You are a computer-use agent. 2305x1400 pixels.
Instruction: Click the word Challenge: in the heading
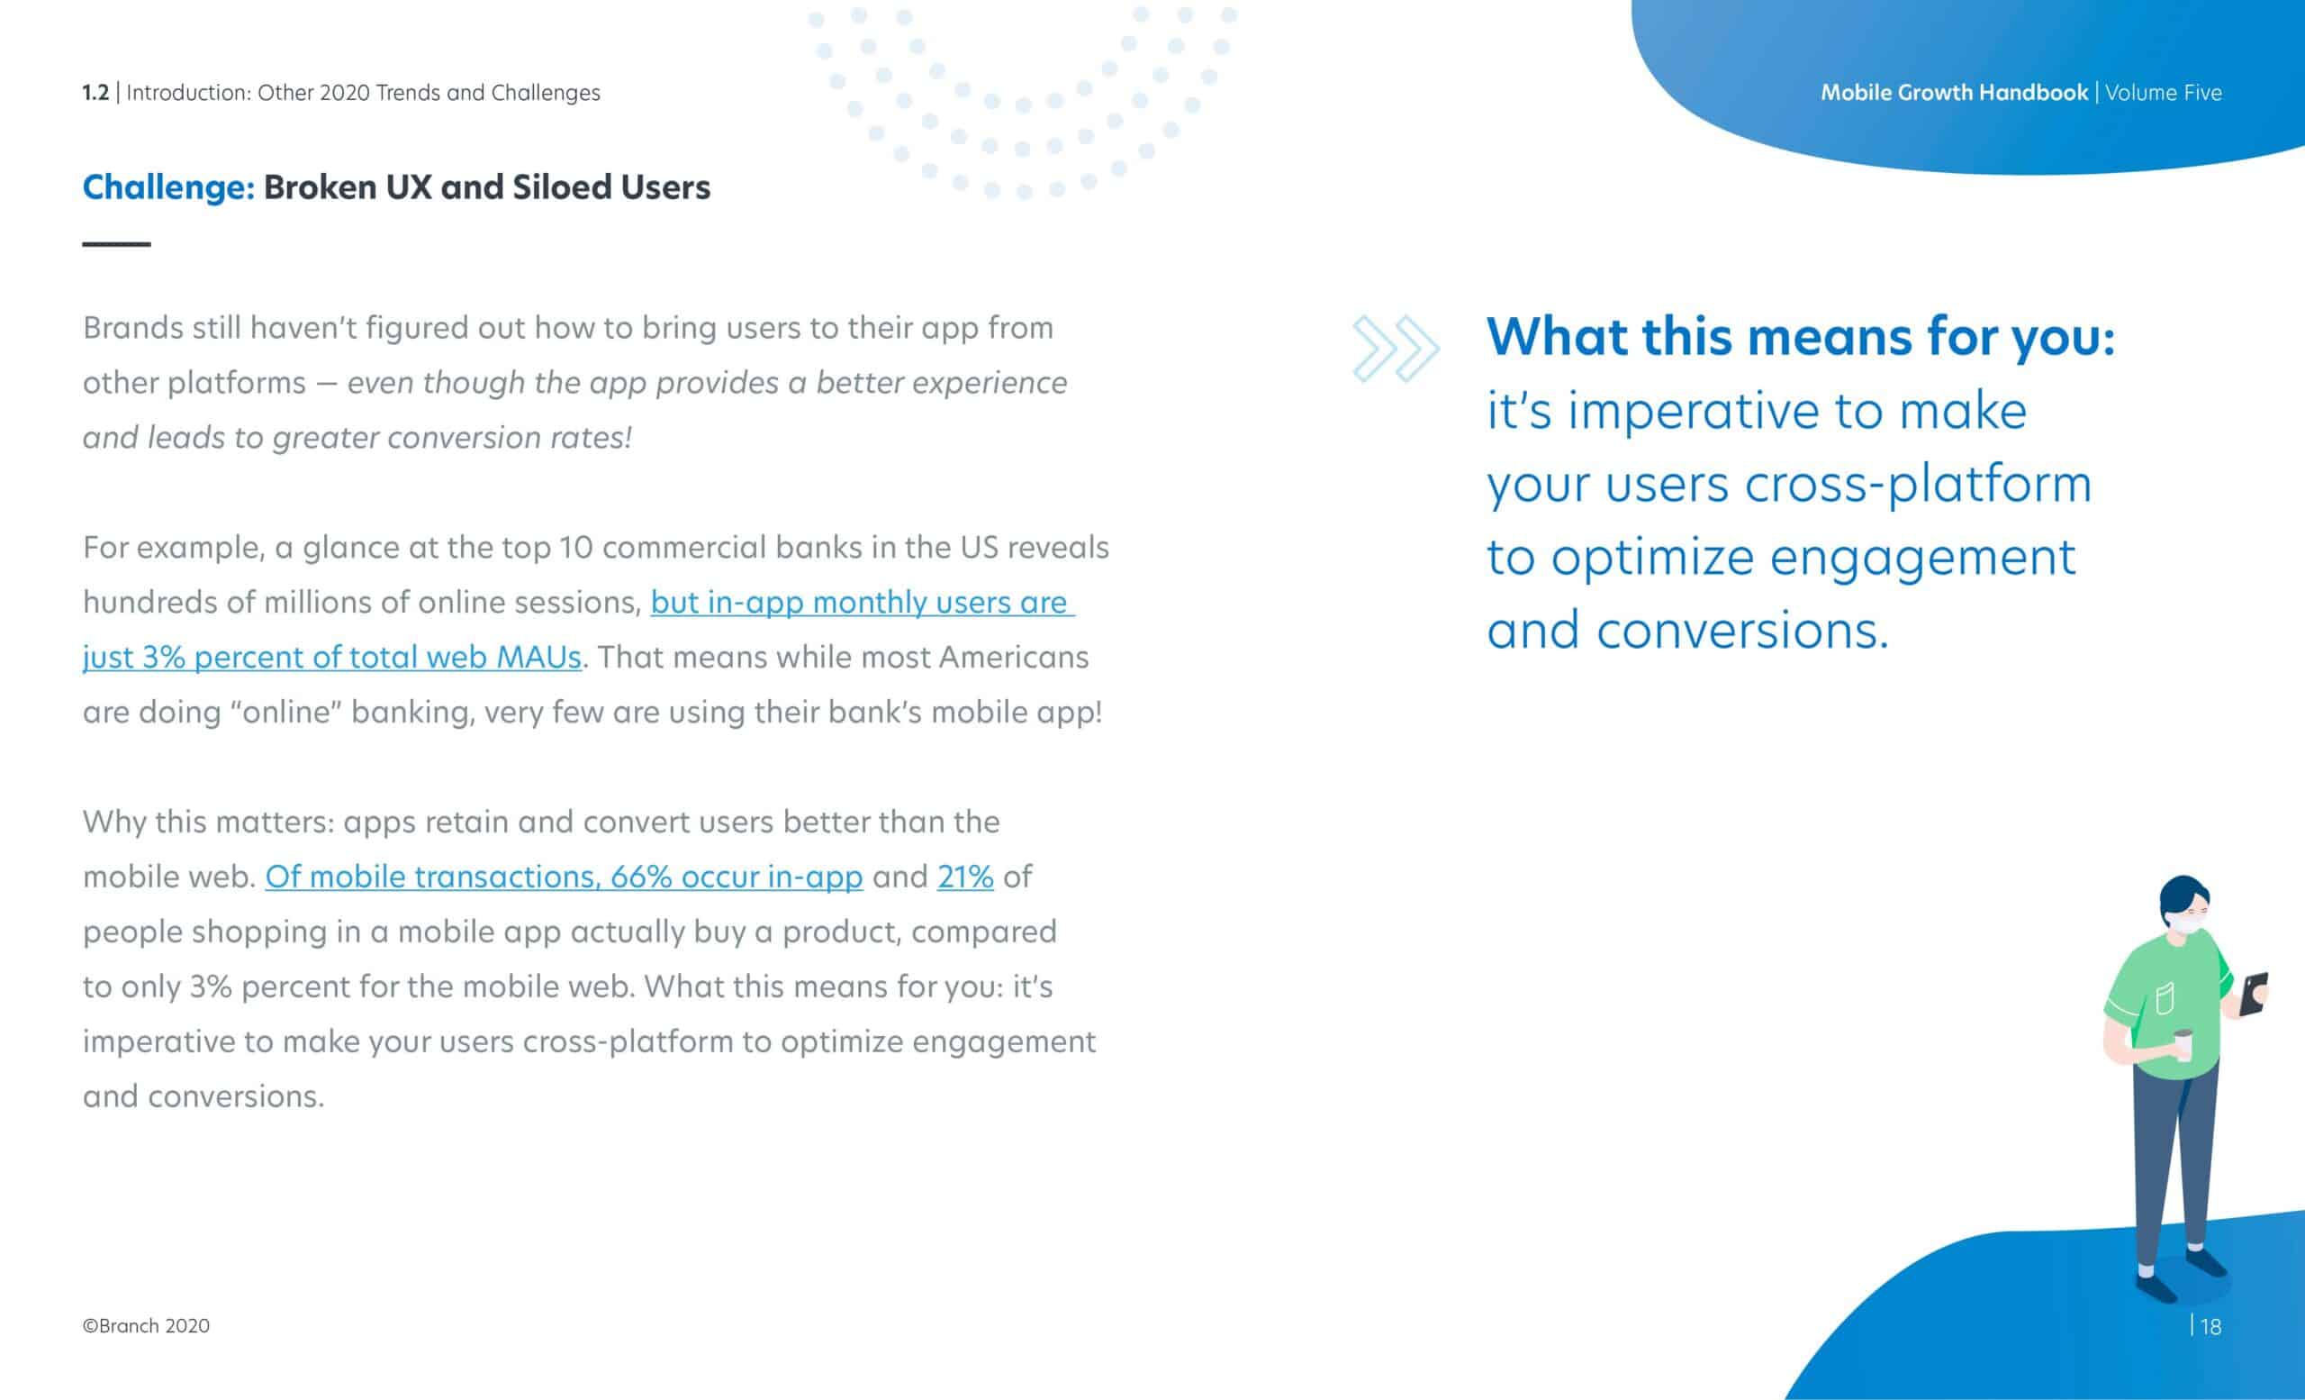(x=168, y=188)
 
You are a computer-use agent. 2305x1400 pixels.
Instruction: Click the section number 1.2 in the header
(x=95, y=93)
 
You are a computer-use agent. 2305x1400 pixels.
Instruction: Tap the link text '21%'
(x=965, y=877)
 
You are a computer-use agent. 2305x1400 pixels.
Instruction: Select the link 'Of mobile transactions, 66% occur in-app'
(x=564, y=877)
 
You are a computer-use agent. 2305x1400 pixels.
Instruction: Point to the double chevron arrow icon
(x=1396, y=349)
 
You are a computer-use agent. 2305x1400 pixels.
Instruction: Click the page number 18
(x=2210, y=1327)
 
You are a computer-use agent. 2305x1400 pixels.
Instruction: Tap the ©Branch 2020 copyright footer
(x=146, y=1326)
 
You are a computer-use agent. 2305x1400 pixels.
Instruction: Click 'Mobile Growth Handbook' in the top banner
(x=1954, y=93)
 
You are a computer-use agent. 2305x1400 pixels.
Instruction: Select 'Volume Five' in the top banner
(x=2164, y=93)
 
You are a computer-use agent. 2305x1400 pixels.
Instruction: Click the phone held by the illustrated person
(x=2254, y=994)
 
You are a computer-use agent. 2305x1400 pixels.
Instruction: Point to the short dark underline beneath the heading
(x=117, y=244)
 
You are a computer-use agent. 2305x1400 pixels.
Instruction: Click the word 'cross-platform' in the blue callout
(x=1919, y=485)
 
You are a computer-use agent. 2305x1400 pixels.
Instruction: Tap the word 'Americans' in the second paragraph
(x=1013, y=657)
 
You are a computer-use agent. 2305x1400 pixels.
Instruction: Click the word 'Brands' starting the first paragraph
(x=133, y=328)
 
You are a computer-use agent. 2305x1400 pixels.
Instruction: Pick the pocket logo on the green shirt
(x=2165, y=999)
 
